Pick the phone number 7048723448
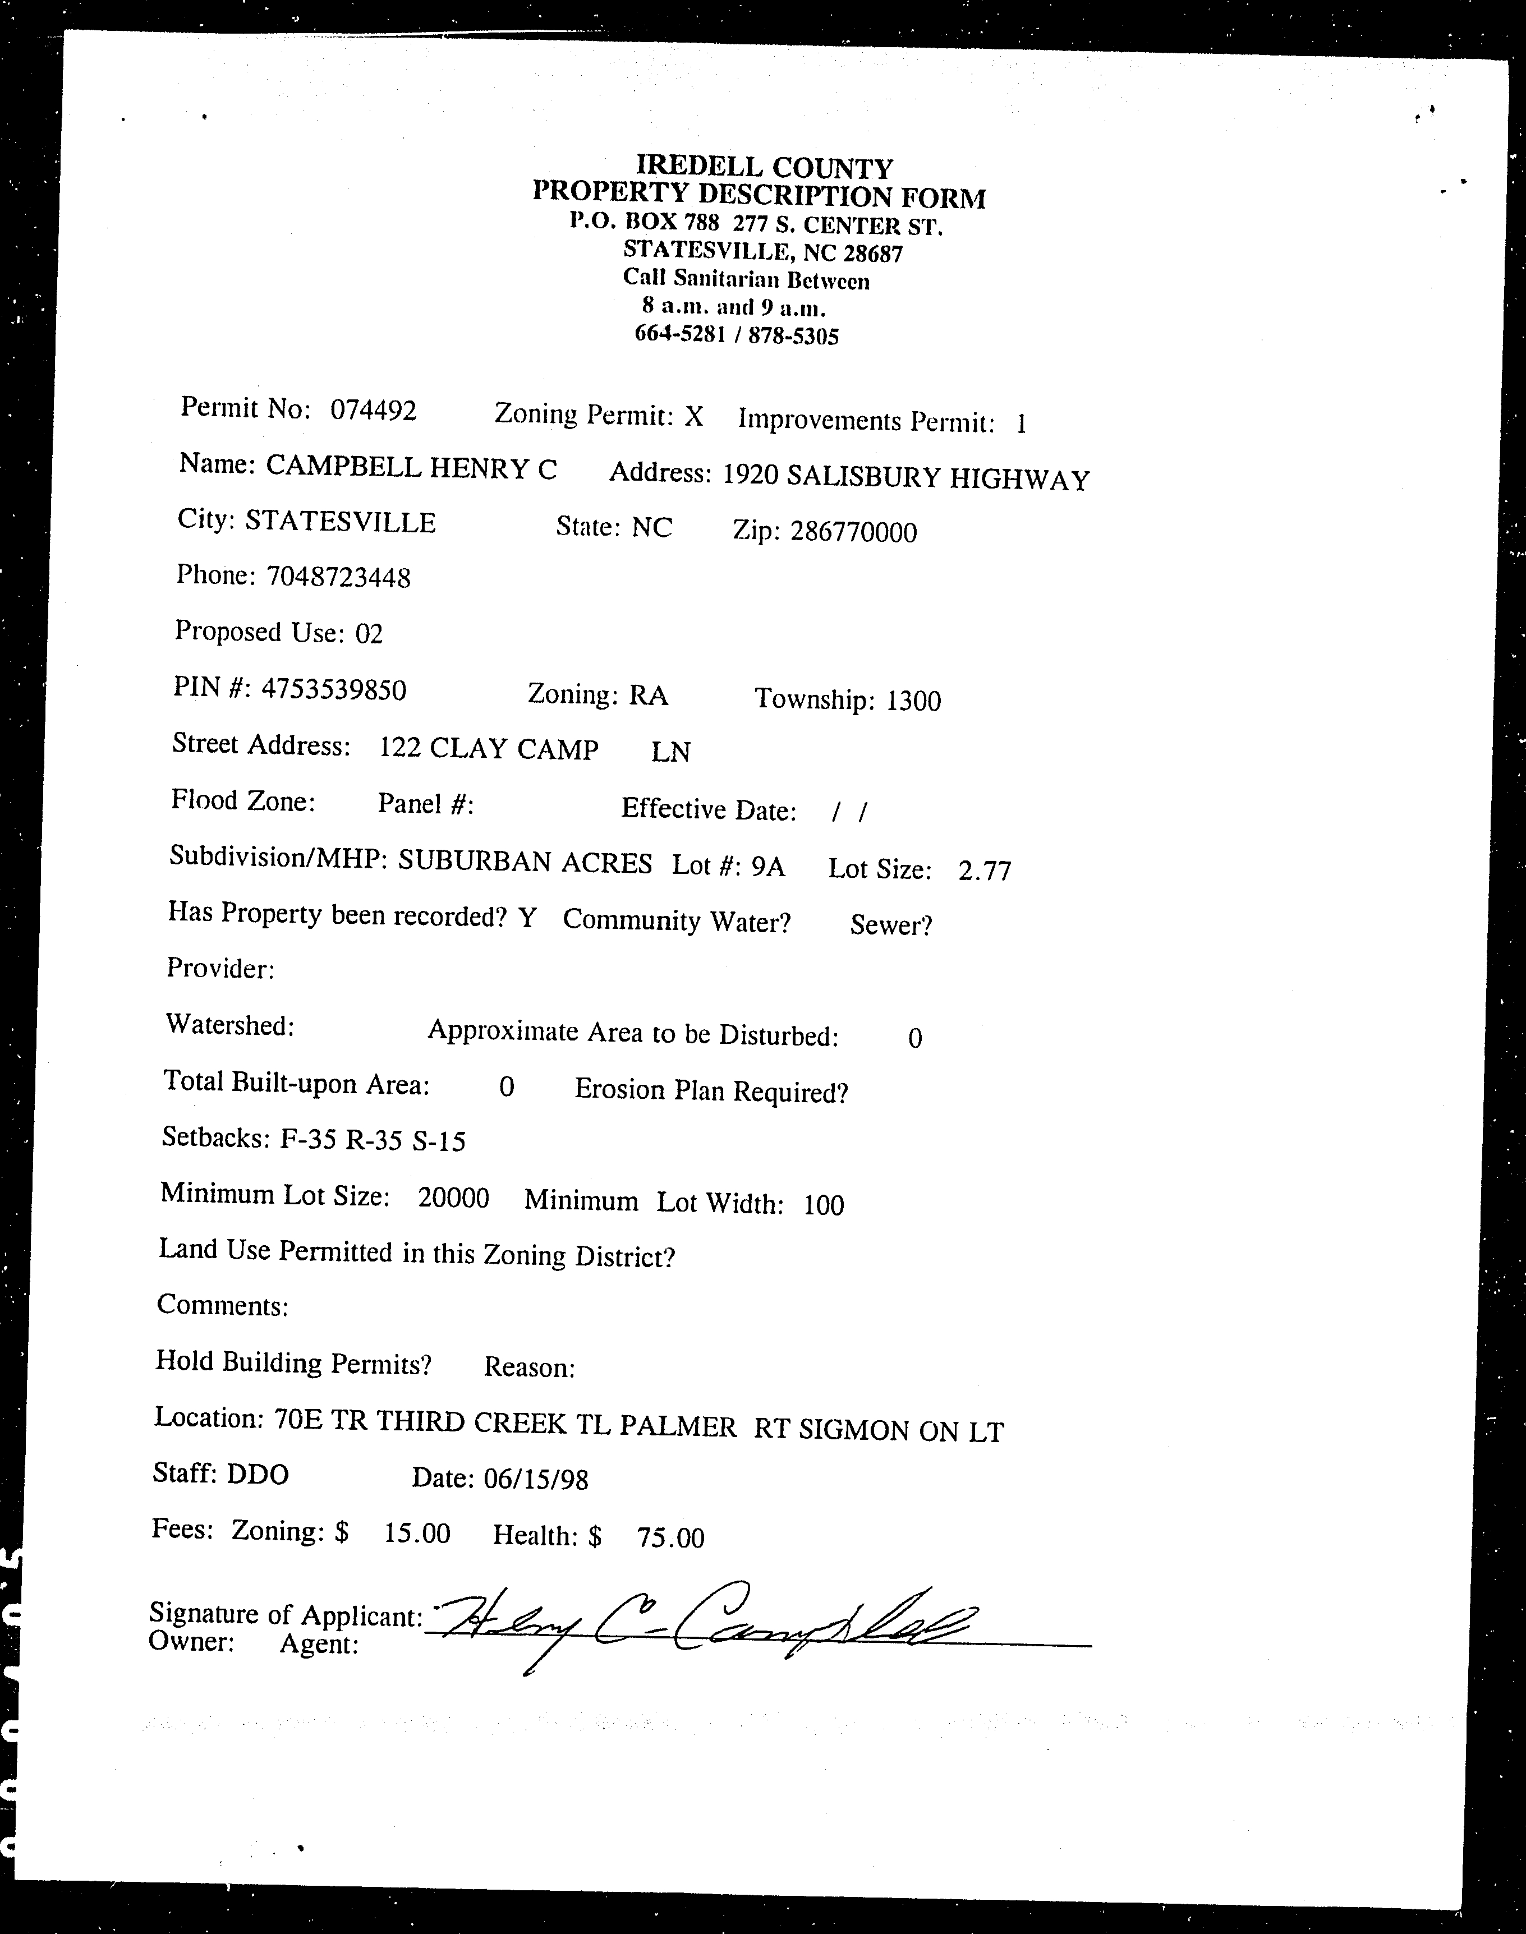coord(339,577)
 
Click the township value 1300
coord(913,701)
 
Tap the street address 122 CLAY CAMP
coord(489,749)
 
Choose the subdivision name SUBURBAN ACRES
coord(525,863)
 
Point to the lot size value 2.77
coord(985,870)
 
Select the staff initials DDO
coord(258,1474)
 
